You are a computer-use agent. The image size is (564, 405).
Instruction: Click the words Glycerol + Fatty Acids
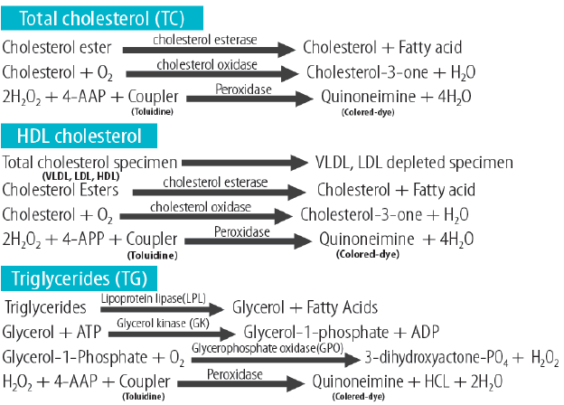pyautogui.click(x=305, y=307)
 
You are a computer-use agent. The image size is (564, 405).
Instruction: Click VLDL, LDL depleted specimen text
pyautogui.click(x=414, y=163)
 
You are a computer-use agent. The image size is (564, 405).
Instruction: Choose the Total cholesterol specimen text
pyautogui.click(x=88, y=163)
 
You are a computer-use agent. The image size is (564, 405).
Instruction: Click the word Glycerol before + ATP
pyautogui.click(x=28, y=331)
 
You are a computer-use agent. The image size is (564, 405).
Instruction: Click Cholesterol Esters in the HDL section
pyautogui.click(x=55, y=190)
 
